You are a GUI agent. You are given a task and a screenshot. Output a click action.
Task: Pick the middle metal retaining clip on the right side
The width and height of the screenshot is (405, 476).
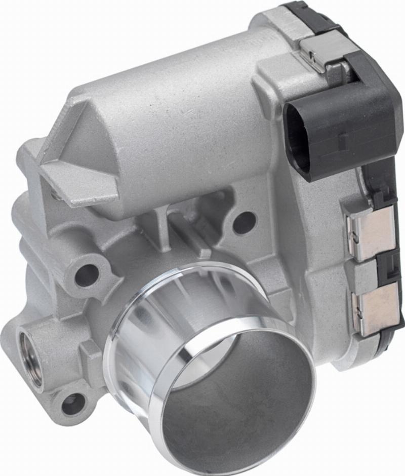pyautogui.click(x=371, y=232)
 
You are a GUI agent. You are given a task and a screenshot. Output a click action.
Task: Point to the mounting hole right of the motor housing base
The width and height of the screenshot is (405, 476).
pyautogui.click(x=245, y=222)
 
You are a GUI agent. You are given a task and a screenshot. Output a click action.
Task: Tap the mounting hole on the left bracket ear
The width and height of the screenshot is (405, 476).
pyautogui.click(x=87, y=275)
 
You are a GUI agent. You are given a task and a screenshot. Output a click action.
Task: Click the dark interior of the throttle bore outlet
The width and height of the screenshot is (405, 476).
pyautogui.click(x=243, y=400)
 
